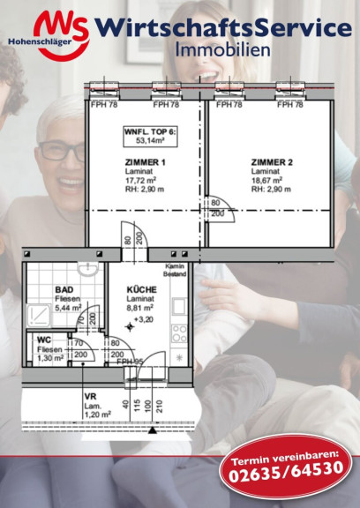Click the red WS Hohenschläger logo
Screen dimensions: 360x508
(x=49, y=35)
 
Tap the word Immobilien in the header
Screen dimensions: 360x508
(x=222, y=50)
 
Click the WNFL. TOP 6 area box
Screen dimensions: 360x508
(x=150, y=137)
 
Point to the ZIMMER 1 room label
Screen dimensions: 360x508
(x=146, y=162)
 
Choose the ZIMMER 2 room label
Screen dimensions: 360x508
(x=272, y=162)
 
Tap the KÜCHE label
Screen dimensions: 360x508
(x=141, y=289)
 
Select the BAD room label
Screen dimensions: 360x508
(x=64, y=289)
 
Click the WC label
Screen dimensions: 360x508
(x=44, y=340)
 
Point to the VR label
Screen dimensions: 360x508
(x=90, y=397)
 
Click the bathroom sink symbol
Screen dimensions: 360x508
(x=88, y=269)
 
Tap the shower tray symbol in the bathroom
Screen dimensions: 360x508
(x=39, y=316)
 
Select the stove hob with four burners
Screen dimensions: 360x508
(x=179, y=333)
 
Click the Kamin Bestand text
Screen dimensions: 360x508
(x=175, y=270)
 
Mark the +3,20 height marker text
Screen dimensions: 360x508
(x=144, y=319)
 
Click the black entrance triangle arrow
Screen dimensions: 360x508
(x=153, y=430)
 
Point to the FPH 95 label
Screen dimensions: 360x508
(x=130, y=362)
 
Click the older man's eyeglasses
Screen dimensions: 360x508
(x=61, y=153)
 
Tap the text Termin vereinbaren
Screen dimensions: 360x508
(x=285, y=456)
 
